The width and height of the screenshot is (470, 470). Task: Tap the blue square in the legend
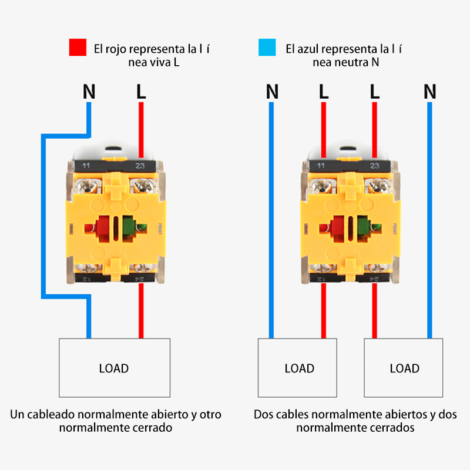coord(267,48)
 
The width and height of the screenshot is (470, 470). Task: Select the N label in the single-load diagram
coord(89,92)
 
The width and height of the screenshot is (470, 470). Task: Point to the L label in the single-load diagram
coord(140,92)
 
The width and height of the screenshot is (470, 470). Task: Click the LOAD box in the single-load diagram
coord(114,368)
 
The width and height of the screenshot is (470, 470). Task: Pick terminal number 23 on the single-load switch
coord(140,166)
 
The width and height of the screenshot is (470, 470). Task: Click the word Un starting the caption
coord(17,415)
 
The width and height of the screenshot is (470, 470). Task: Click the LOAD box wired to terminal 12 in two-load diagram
coord(299,368)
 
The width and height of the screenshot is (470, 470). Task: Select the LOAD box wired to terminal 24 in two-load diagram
coord(404,368)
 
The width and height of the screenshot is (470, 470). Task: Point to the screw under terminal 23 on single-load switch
coord(141,187)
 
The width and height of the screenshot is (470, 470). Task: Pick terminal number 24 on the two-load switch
coord(374,278)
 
